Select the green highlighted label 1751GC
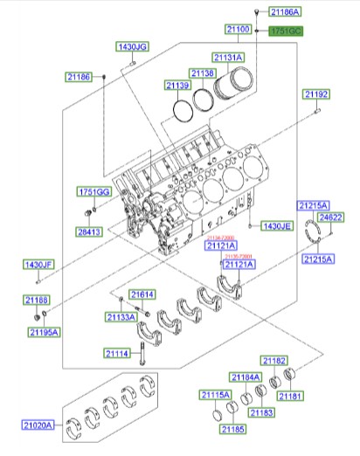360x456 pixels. pos(285,31)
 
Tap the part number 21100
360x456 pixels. pos(239,31)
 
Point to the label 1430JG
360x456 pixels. pos(133,46)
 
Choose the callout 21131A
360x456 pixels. pos(229,58)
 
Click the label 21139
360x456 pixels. pos(178,86)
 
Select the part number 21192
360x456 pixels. pos(316,93)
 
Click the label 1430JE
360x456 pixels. pos(275,225)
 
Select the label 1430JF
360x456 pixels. pos(38,264)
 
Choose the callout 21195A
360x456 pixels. pos(42,332)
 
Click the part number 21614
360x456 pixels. pos(142,294)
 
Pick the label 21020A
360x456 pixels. pos(38,425)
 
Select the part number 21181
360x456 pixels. pos(290,397)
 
